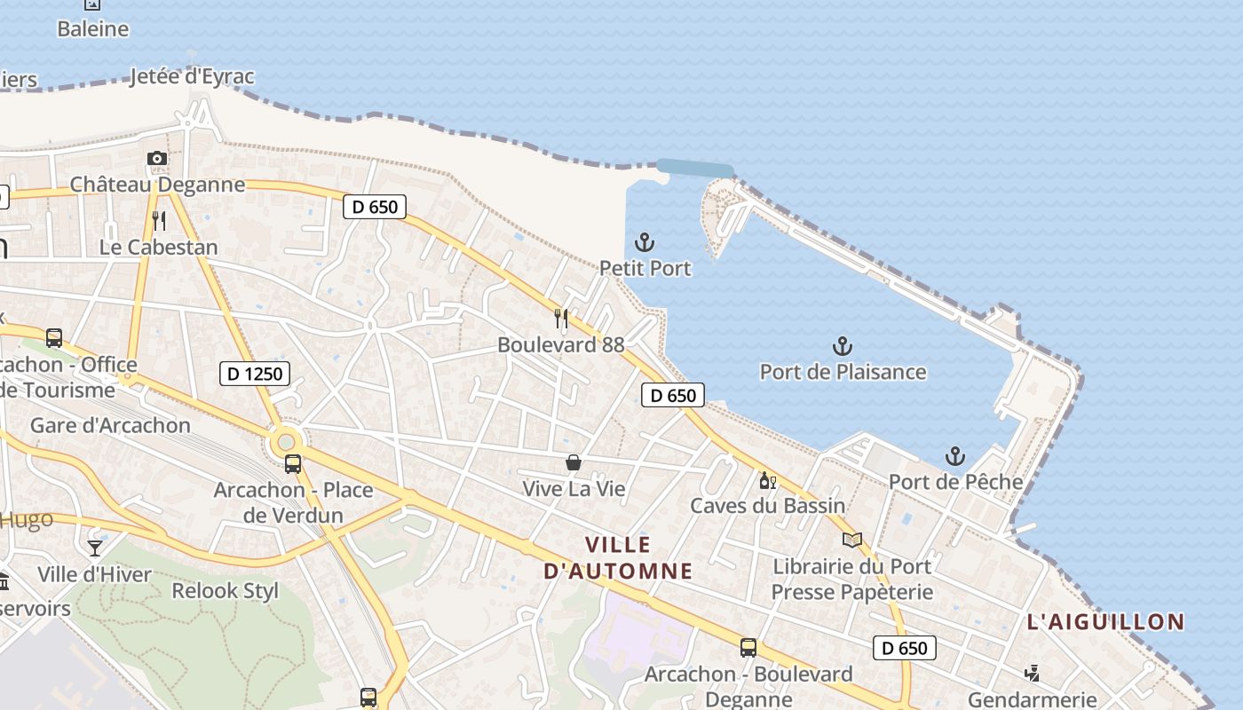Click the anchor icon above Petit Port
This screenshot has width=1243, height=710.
[645, 241]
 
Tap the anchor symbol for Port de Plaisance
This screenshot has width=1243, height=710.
[842, 345]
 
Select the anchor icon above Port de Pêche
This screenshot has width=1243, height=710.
[954, 456]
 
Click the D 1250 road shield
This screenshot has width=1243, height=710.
[255, 374]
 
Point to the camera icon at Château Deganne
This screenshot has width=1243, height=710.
[157, 159]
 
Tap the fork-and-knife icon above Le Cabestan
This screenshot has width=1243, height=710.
[159, 220]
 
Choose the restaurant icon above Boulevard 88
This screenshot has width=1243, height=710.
[561, 318]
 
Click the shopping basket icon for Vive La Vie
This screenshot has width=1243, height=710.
[574, 462]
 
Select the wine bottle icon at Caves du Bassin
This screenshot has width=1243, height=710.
[767, 481]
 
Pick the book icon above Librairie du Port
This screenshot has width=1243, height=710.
[851, 540]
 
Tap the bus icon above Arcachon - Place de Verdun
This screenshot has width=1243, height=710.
[292, 463]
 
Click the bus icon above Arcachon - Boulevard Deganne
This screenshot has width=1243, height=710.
[748, 648]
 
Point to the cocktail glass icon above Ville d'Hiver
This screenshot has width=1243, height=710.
[95, 548]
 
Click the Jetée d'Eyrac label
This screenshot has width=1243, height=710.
[192, 77]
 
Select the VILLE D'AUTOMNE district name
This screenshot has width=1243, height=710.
[618, 557]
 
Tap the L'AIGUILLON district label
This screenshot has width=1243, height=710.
[1105, 621]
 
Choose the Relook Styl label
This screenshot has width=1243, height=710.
[225, 590]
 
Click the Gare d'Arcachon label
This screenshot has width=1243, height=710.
[110, 425]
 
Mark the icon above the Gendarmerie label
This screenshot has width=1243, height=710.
[1032, 674]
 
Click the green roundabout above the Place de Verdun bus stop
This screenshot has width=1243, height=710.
[285, 441]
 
